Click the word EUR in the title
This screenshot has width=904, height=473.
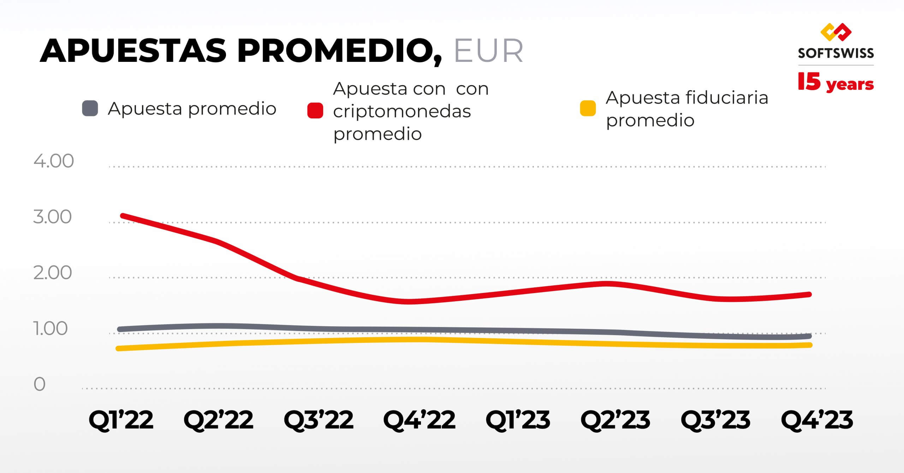point(488,52)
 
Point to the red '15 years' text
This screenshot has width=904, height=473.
point(835,83)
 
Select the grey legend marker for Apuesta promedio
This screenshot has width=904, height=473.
point(90,108)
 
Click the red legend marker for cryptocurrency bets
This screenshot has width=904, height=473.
point(315,111)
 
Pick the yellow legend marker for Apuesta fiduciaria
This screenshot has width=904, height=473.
point(588,108)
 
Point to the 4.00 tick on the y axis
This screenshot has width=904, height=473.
point(54,161)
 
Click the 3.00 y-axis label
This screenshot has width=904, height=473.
point(52,217)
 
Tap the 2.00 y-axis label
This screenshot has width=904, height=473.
point(52,273)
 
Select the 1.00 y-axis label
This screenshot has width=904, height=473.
point(50,329)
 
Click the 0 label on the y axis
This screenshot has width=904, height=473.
point(40,384)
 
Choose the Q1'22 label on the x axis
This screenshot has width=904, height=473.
point(121,420)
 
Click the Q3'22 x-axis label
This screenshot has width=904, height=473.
point(319,420)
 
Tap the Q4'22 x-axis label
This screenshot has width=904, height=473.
point(419,420)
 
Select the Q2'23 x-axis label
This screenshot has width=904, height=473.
point(615,420)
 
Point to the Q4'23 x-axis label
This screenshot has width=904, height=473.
point(817,420)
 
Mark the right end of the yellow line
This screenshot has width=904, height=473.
point(810,345)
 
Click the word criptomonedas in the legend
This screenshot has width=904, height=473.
point(402,112)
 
